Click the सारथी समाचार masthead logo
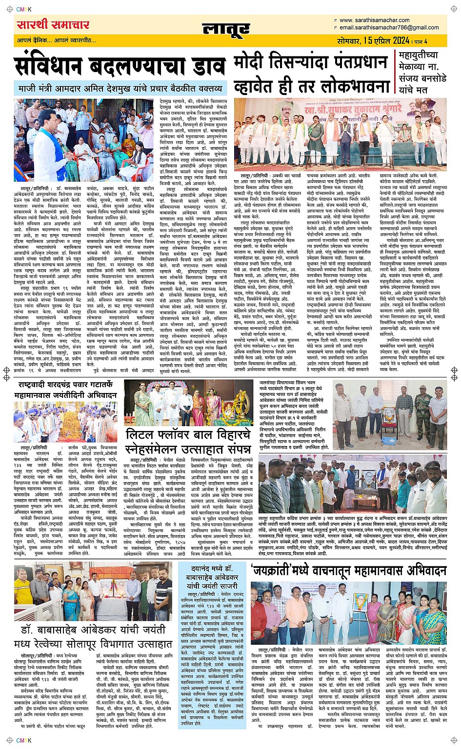pos(53,24)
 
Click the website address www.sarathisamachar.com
pos(374,20)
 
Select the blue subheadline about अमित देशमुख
pos(120,89)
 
